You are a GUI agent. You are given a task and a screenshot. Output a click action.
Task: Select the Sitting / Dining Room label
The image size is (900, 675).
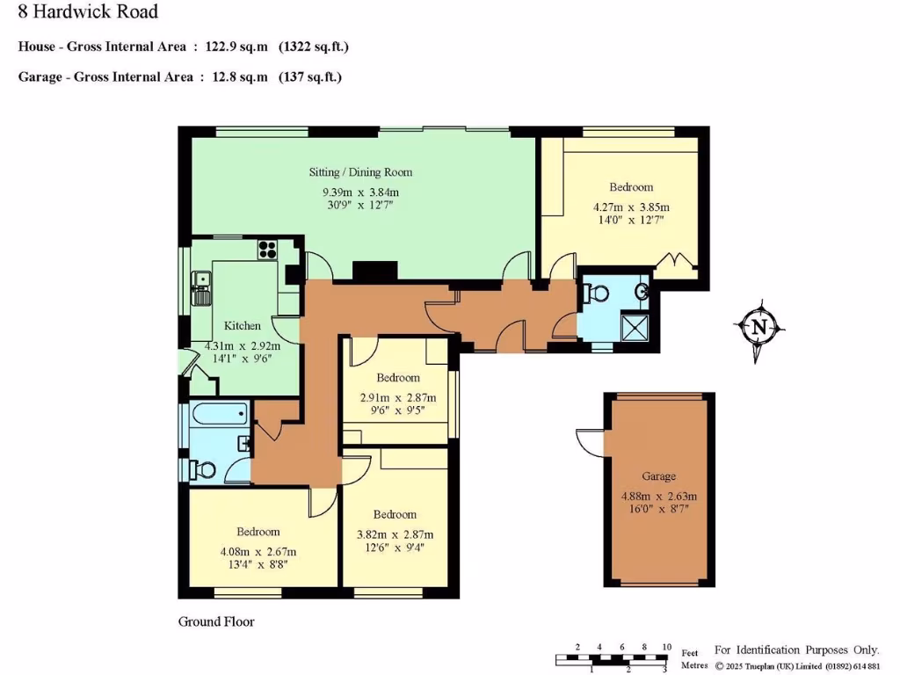coord(360,172)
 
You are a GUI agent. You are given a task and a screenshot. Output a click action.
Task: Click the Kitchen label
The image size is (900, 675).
coord(243,325)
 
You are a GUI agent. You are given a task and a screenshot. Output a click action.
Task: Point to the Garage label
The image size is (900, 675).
coord(658,476)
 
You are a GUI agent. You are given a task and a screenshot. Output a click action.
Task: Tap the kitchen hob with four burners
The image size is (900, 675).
coord(267,250)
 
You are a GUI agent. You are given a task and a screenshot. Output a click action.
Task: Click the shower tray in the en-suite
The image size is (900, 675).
coord(636,326)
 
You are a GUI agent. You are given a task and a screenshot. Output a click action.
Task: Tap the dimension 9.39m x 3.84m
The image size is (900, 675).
coord(360,192)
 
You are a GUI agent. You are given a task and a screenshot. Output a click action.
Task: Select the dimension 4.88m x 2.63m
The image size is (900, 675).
coord(658,497)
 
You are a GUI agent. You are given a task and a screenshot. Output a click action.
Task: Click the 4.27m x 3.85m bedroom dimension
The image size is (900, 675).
coord(631,207)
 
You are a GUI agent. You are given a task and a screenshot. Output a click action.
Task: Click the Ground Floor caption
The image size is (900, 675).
coord(216,621)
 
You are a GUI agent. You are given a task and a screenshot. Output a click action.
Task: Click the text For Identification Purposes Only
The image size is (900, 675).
coord(796,650)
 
